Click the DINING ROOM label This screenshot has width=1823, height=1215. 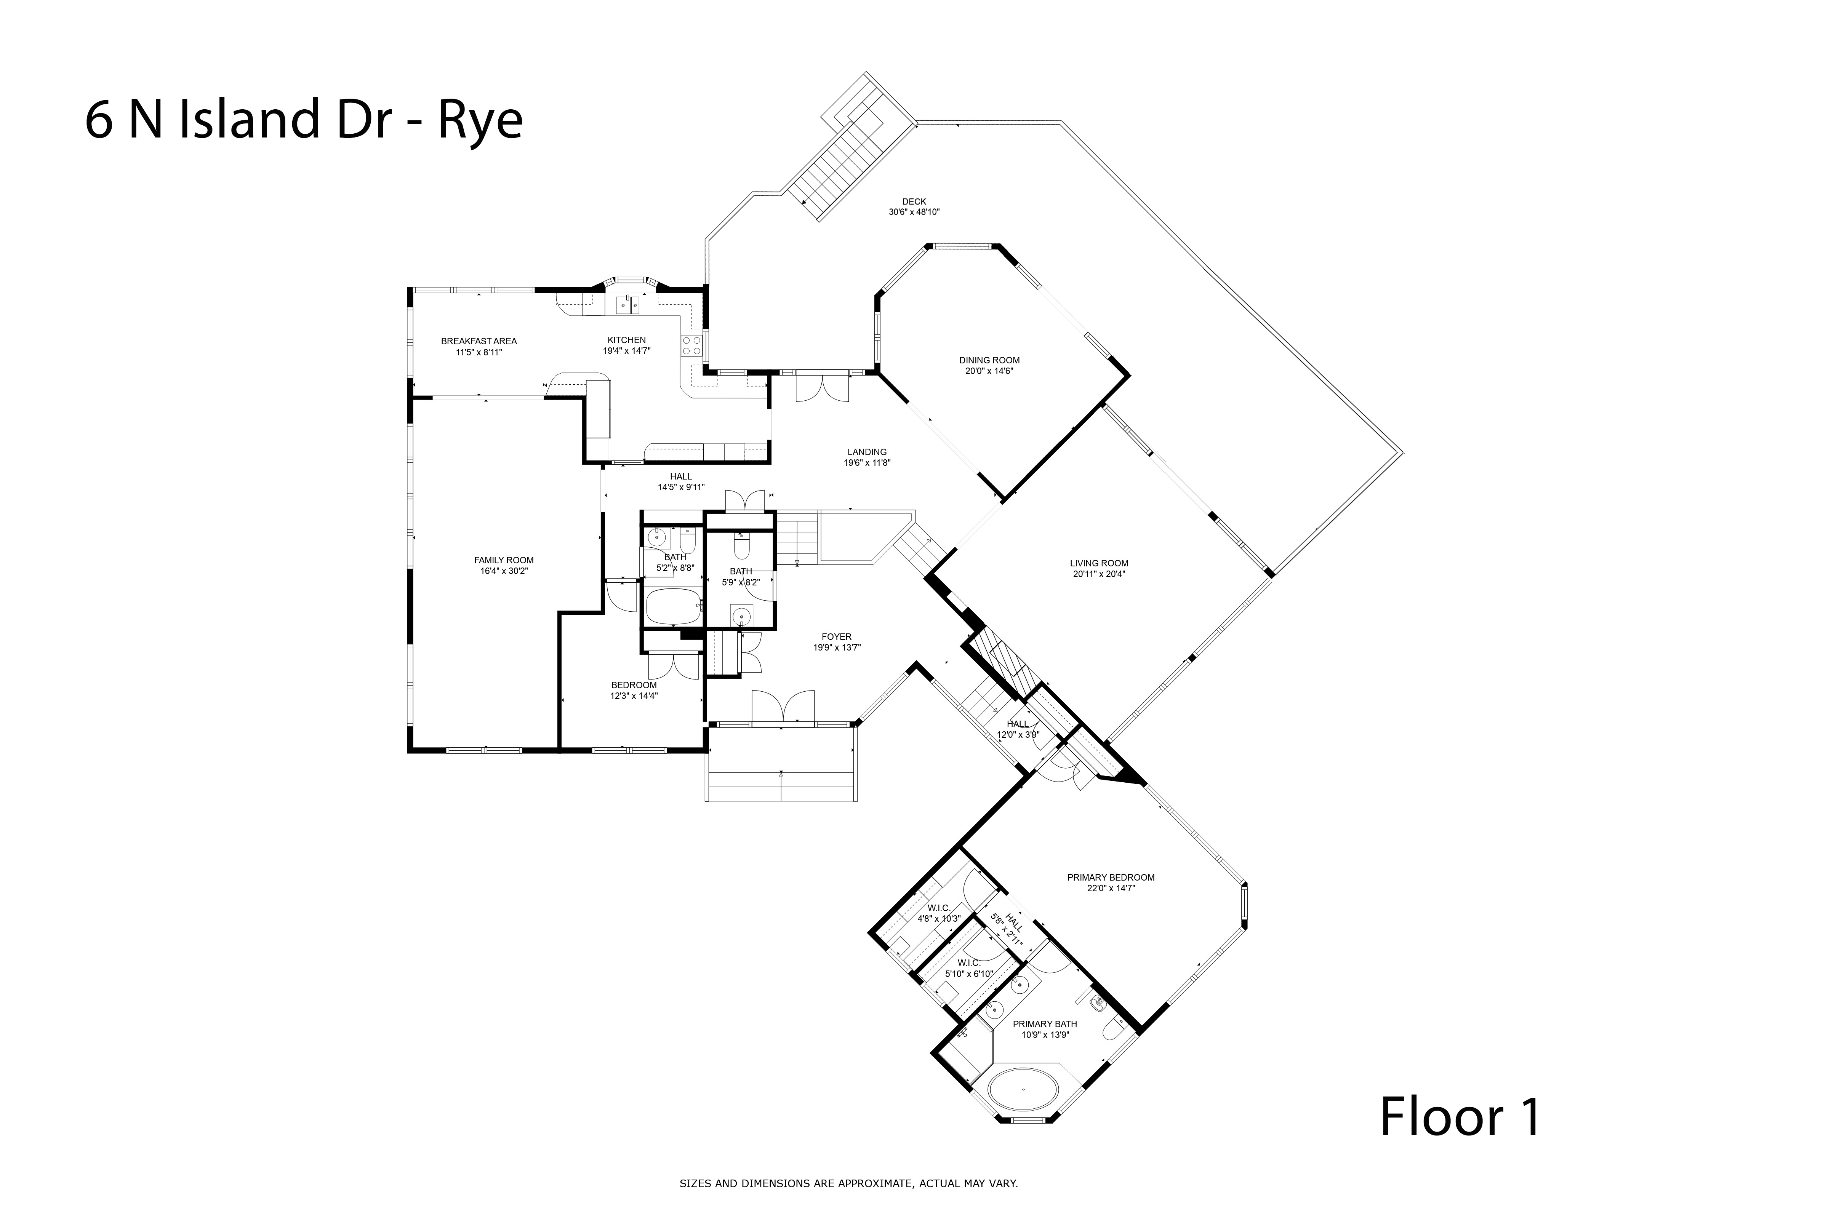tap(989, 360)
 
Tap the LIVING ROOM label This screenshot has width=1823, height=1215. tap(1099, 563)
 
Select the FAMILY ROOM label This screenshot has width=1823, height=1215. tap(504, 560)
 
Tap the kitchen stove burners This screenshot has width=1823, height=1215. tap(691, 345)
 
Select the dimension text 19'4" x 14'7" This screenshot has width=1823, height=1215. tap(626, 350)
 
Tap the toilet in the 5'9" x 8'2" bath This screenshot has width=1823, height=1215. tap(741, 546)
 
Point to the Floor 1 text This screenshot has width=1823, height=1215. tap(1460, 1117)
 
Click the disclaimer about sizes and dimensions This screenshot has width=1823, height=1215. tap(849, 1183)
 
